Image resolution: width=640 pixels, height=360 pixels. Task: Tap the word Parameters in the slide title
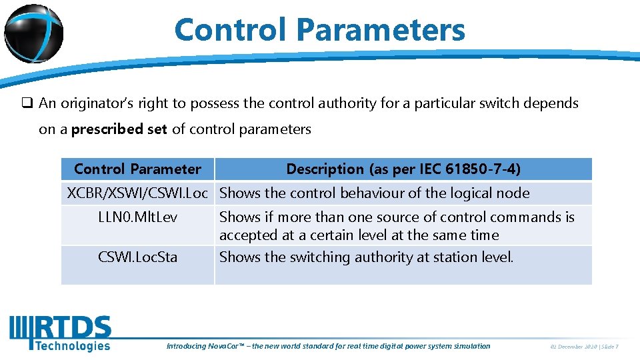(381, 30)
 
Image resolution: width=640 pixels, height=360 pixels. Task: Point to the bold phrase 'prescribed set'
(119, 129)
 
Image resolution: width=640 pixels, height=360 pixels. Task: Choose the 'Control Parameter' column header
(137, 169)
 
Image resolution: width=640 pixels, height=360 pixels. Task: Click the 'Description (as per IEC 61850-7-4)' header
(403, 169)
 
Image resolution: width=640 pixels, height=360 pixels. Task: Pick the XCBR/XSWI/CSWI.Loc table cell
(138, 193)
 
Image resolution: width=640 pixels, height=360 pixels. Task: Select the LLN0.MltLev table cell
(138, 217)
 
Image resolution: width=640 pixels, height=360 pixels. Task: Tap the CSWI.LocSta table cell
(138, 257)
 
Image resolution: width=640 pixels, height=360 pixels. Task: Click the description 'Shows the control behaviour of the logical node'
(374, 193)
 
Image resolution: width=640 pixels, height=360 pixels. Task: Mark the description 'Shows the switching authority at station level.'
(366, 257)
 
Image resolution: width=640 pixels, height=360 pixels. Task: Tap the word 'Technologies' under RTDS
(72, 345)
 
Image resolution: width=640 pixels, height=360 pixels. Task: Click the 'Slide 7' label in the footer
(609, 347)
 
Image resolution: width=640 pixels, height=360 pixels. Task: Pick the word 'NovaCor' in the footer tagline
(224, 346)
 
